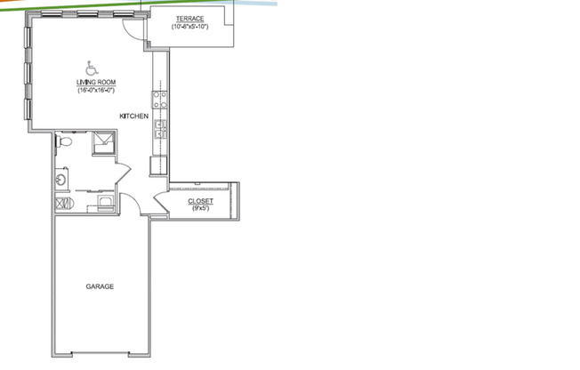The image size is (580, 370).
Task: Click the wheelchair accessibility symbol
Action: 90,68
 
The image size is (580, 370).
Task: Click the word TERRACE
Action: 190,19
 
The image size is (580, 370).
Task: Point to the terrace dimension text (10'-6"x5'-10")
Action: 190,27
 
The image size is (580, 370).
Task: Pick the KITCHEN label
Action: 133,117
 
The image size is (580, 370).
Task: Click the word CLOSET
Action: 200,202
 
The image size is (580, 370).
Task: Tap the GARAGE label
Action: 99,286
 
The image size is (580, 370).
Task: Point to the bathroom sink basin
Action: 61,181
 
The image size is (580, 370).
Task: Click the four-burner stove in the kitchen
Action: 161,98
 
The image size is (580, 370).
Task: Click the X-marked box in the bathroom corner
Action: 62,205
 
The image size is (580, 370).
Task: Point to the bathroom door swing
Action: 122,173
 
